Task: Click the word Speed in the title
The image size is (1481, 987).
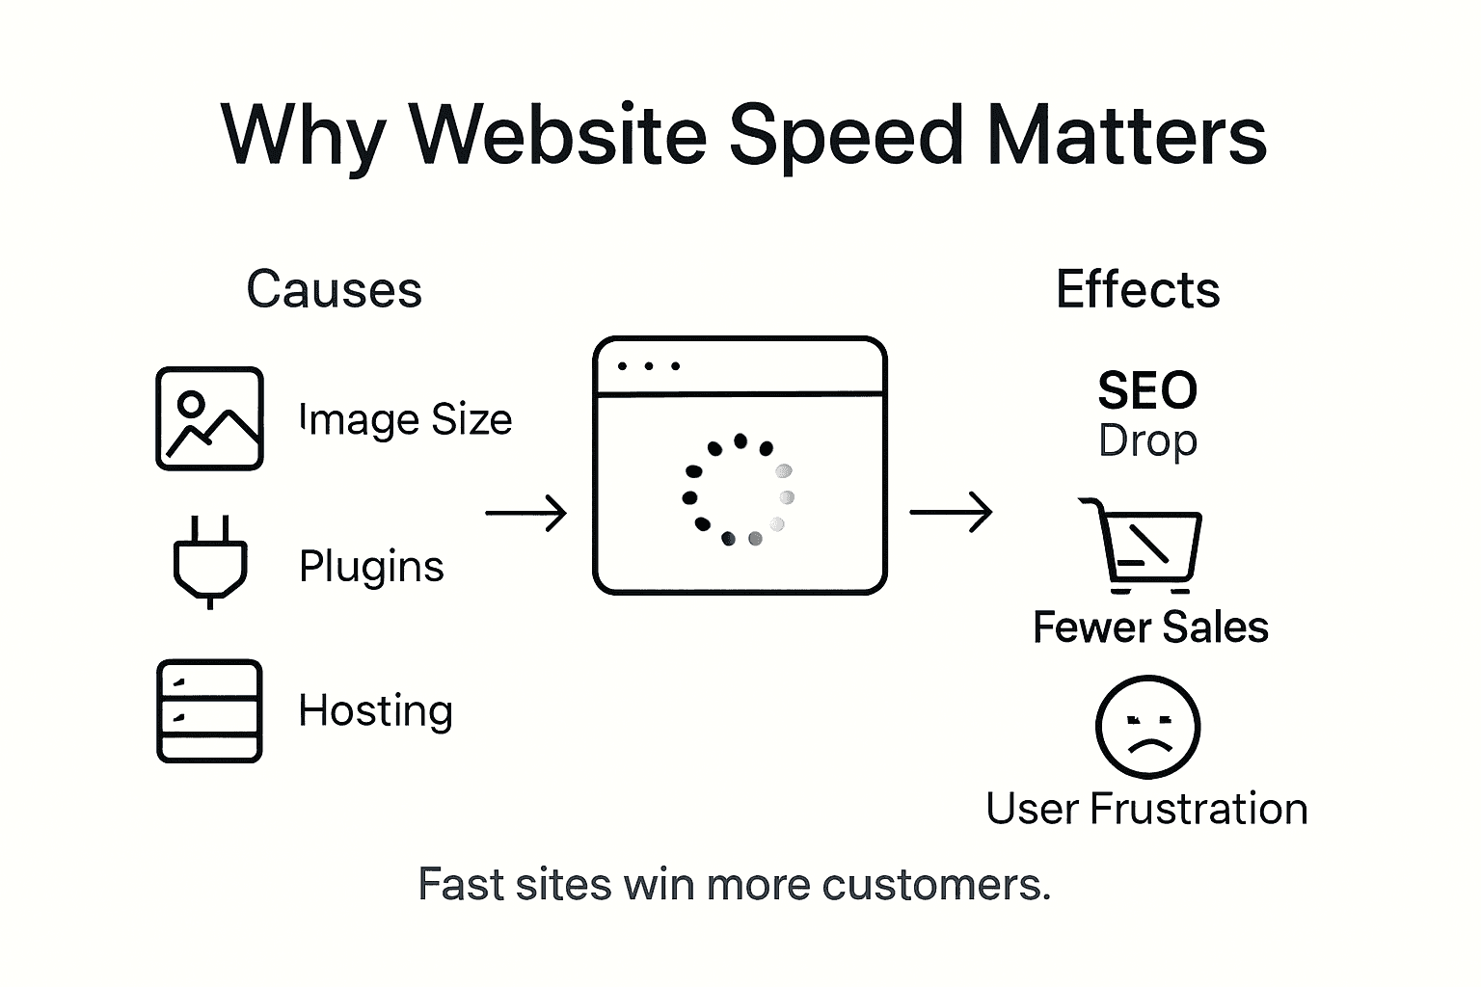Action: (845, 135)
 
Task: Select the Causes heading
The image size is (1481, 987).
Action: (334, 289)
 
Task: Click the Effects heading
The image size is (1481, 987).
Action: (1138, 289)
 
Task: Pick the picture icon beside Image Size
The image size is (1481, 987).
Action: (209, 418)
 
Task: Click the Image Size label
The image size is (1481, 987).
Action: (405, 419)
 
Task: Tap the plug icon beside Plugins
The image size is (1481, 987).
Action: (210, 561)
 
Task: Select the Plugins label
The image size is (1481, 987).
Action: (371, 566)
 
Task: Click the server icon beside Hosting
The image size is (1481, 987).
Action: (209, 711)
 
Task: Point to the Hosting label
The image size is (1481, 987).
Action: (375, 711)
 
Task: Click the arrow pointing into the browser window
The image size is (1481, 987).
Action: (525, 513)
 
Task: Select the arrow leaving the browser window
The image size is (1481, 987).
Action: (951, 512)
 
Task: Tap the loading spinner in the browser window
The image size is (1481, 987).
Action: (739, 490)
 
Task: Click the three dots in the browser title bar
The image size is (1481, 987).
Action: (648, 366)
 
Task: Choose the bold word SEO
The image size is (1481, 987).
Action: (1147, 390)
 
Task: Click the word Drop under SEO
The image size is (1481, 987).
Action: (1147, 440)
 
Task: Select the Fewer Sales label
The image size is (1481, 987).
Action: (1150, 627)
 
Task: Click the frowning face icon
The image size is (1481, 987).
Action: (1147, 727)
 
